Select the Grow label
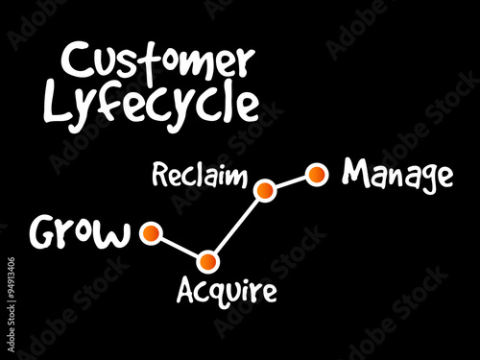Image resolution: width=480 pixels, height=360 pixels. (x=81, y=232)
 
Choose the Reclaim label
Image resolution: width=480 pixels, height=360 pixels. (x=199, y=178)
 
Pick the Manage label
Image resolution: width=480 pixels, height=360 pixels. (x=397, y=175)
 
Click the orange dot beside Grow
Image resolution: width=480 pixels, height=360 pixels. (x=149, y=232)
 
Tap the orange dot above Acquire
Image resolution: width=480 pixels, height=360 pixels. (x=208, y=260)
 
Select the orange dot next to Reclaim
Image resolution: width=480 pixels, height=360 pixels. (x=265, y=190)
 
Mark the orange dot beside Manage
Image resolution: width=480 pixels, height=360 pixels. (x=316, y=174)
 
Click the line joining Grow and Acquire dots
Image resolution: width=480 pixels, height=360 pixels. (x=179, y=247)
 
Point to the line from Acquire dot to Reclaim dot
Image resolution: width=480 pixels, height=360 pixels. (x=237, y=225)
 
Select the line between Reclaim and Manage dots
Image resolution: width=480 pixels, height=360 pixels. (x=291, y=181)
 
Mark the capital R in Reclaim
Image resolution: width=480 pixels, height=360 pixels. (x=159, y=177)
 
